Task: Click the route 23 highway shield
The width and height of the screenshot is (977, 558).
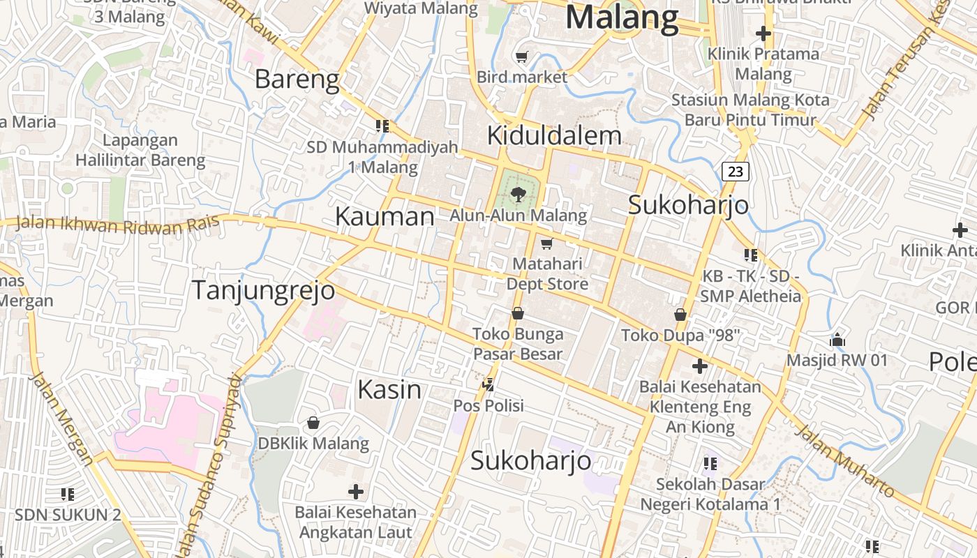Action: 736,172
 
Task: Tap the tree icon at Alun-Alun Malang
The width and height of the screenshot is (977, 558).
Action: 518,194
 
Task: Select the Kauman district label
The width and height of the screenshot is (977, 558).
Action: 385,216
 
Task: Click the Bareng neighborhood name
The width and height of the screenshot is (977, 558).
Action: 297,80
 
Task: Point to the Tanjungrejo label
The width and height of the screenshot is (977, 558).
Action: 263,290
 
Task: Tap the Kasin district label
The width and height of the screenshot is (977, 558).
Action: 389,389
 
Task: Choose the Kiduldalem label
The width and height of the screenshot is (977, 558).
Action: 554,135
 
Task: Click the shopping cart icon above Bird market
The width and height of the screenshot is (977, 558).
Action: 521,56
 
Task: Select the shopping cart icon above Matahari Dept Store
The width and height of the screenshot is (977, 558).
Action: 546,243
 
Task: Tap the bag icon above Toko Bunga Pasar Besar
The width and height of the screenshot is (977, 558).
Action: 518,313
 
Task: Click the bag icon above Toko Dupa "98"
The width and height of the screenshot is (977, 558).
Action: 680,315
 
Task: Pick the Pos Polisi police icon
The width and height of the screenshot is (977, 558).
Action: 488,384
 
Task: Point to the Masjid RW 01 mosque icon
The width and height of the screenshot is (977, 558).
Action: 837,340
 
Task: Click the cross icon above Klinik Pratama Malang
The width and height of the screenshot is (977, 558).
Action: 763,33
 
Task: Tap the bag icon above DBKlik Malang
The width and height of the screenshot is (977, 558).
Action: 313,423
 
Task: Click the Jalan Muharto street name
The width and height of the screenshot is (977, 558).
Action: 844,461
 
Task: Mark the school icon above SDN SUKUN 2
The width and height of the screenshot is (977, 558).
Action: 68,495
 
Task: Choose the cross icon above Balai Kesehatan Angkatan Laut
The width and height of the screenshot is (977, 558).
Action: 356,492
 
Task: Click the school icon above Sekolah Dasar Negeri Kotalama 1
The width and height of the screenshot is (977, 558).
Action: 710,464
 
